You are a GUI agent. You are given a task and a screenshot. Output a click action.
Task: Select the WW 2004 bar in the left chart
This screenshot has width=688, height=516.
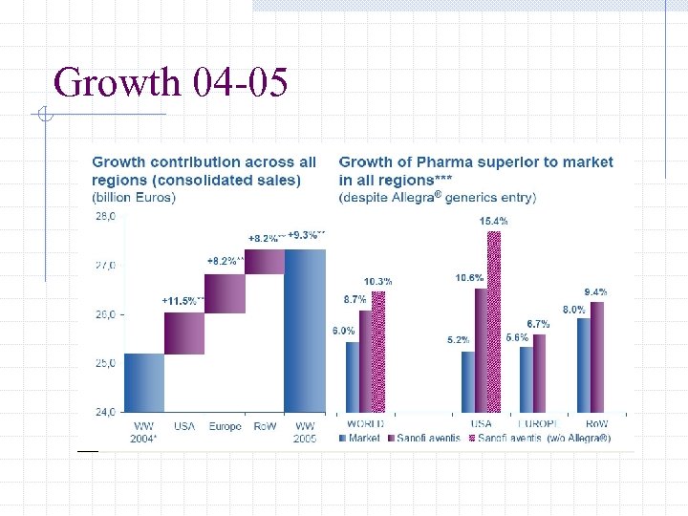144,382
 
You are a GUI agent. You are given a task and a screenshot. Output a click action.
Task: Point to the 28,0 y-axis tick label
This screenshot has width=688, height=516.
105,216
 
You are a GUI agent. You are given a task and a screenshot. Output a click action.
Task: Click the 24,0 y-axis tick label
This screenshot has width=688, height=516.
105,412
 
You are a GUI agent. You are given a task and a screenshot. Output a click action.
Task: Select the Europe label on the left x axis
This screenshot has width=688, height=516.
225,426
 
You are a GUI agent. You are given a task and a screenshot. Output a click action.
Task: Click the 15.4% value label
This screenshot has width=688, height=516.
494,221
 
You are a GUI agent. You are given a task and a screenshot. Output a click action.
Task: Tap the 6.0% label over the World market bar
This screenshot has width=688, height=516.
344,331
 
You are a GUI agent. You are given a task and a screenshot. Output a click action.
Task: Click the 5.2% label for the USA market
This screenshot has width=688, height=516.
459,340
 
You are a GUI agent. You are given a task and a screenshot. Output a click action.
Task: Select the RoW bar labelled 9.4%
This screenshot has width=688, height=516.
597,356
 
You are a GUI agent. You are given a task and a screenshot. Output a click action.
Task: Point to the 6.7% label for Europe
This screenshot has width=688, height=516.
539,324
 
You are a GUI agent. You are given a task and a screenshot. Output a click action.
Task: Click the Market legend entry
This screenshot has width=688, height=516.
360,439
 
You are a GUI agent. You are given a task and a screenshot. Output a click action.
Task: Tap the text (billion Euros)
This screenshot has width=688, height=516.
134,198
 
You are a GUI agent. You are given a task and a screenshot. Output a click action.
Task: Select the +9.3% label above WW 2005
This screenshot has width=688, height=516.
307,234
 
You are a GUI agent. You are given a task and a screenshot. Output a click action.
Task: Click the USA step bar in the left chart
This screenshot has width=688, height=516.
184,333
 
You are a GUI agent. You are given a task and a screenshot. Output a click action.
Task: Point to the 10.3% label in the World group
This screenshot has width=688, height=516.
378,281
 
